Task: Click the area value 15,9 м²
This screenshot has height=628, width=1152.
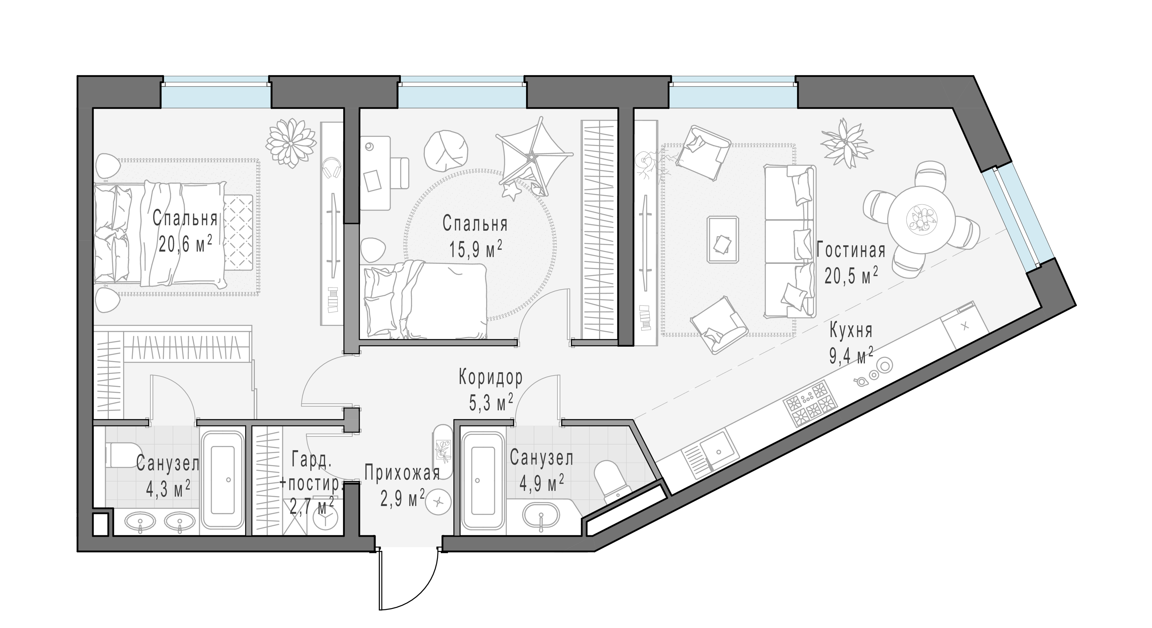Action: coord(476,249)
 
